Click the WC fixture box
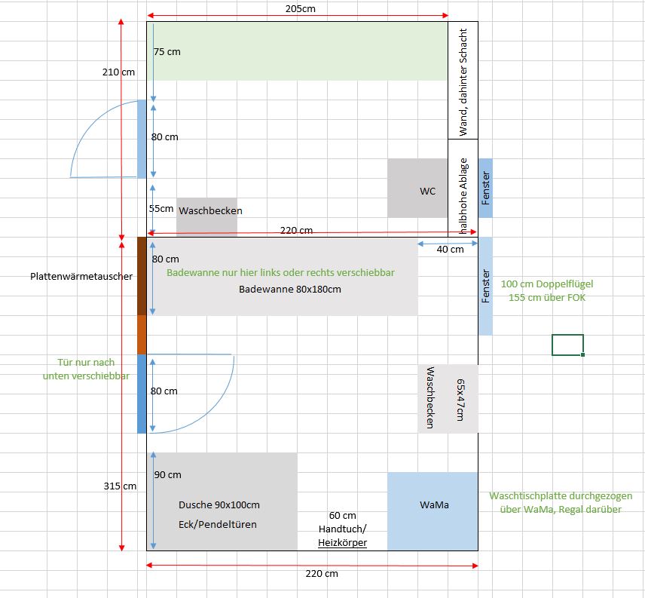point(417,188)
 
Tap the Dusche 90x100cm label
point(219,504)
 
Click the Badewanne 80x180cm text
point(290,289)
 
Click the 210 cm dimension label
point(118,72)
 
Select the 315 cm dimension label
point(121,486)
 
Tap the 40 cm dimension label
point(451,249)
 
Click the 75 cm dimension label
point(167,52)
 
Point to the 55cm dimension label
point(161,208)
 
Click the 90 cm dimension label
point(167,474)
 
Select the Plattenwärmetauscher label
point(82,276)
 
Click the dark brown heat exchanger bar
point(142,275)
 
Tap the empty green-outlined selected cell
point(567,345)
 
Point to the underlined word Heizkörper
point(342,542)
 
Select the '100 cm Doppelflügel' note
point(546,284)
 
